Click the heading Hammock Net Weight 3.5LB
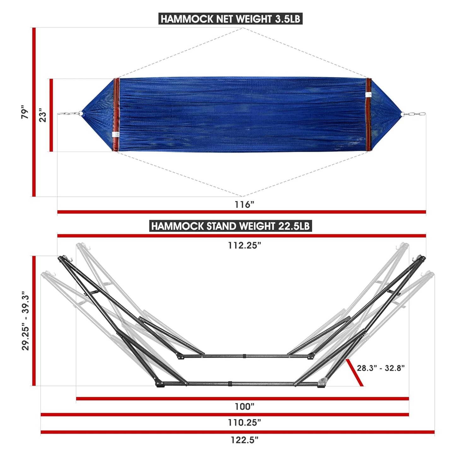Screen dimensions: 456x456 [230, 19]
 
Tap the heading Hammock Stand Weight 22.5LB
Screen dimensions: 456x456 [230, 226]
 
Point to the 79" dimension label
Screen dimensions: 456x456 [25, 112]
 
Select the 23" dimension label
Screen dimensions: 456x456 [43, 115]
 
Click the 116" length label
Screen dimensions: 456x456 [244, 204]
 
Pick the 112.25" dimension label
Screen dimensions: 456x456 [245, 245]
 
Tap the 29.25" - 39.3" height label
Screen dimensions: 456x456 [26, 322]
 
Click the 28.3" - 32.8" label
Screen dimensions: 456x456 [381, 368]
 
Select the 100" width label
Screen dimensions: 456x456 [244, 406]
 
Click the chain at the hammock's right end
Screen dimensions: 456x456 [415, 114]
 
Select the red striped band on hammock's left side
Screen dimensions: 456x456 [116, 115]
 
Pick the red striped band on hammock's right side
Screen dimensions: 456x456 [368, 115]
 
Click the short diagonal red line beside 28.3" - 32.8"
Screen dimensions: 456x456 [354, 372]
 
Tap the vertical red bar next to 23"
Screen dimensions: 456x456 [51, 115]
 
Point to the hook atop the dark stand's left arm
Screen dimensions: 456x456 [71, 259]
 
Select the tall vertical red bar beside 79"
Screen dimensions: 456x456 [34, 112]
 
